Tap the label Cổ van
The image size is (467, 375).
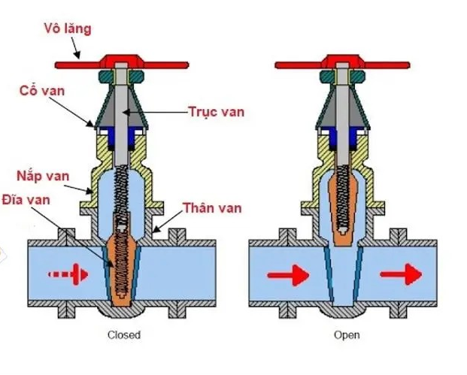41,91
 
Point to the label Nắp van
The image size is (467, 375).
43,177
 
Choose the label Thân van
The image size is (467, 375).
214,208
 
